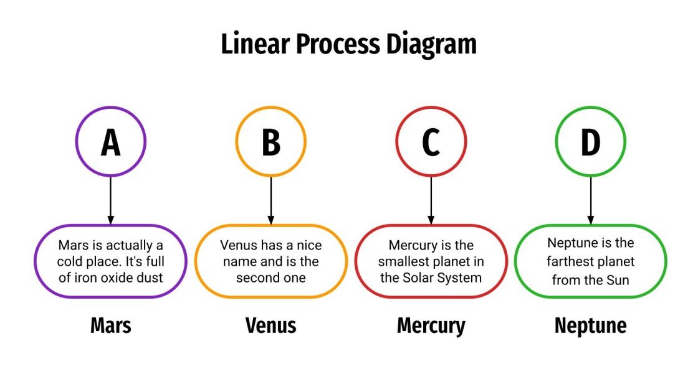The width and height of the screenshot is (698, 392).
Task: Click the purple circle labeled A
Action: click(x=110, y=141)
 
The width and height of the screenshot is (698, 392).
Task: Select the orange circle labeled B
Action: click(x=270, y=141)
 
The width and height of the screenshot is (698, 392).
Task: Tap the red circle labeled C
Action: click(x=431, y=141)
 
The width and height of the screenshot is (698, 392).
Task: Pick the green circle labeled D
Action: click(x=590, y=141)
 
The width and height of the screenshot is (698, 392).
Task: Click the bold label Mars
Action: click(x=110, y=325)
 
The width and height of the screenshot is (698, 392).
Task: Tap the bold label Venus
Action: click(x=270, y=325)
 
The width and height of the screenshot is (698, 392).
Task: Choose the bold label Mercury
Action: click(x=431, y=326)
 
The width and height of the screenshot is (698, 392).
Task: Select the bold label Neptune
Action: click(x=590, y=325)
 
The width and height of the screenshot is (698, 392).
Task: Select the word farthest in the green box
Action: click(x=573, y=261)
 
